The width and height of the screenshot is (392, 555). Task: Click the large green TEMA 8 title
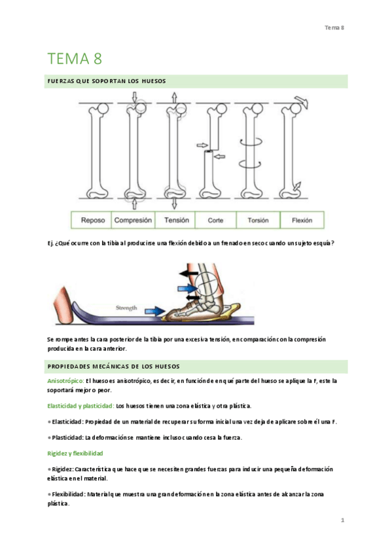75,59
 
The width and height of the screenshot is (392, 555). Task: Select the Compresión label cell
133,220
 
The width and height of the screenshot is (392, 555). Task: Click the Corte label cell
215,220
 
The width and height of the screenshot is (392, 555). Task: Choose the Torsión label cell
258,220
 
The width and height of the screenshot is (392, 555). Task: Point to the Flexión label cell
302,220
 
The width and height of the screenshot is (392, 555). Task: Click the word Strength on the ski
126,308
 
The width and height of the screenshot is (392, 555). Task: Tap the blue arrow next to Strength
155,311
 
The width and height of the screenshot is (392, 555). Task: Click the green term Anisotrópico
65,381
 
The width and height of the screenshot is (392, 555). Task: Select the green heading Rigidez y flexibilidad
75,454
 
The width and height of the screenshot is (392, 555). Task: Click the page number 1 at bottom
342,520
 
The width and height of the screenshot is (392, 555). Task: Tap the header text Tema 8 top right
334,27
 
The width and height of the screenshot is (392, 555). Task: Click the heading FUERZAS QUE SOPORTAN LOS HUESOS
107,81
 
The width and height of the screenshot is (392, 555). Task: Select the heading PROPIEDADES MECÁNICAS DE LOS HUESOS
114,367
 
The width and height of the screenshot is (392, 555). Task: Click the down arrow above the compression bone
134,97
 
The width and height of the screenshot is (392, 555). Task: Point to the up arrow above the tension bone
174,98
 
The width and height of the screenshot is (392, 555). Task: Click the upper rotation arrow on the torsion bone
251,142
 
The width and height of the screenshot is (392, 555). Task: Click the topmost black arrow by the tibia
188,274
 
